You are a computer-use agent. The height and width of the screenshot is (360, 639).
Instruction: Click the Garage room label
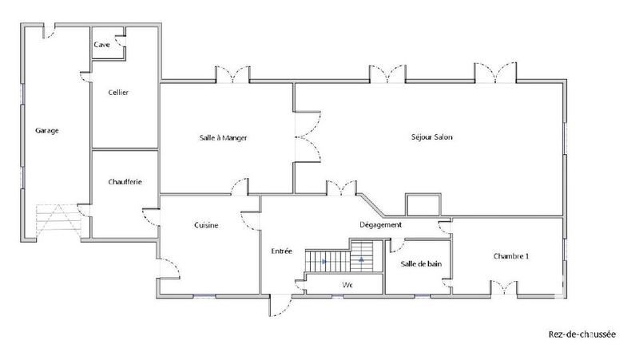47,130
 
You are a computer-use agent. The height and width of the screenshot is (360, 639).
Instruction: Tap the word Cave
101,45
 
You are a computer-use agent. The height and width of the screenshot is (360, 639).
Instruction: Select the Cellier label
118,92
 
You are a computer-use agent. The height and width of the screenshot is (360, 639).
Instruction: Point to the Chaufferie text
125,182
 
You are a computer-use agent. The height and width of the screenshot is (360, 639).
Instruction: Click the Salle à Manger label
223,137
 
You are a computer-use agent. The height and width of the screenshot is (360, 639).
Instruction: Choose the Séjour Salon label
433,136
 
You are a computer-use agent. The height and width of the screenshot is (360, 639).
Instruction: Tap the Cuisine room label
206,225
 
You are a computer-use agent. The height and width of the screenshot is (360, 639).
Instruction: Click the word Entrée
282,251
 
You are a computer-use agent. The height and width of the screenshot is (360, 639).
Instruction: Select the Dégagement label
379,224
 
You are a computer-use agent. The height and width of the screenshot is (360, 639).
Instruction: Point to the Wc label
347,284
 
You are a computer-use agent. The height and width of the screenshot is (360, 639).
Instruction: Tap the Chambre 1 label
510,256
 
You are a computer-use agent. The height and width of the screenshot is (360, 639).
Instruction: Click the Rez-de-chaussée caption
582,335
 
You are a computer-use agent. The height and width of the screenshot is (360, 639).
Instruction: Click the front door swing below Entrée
280,305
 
